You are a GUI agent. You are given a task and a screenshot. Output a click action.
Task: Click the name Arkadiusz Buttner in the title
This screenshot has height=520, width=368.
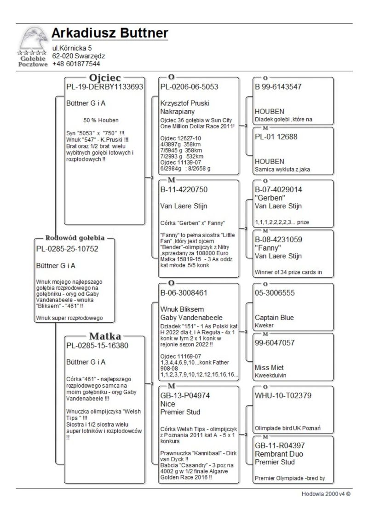109,33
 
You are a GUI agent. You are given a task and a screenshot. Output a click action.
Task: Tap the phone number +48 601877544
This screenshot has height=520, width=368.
76,64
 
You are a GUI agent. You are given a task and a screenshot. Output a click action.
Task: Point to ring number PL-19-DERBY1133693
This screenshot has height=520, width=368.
105,86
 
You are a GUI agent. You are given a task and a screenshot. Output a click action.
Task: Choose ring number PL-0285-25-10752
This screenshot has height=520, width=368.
67,249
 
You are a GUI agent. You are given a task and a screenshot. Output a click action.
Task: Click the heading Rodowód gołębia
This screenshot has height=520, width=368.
75,238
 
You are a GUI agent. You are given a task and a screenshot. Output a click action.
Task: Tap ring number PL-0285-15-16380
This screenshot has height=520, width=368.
97,346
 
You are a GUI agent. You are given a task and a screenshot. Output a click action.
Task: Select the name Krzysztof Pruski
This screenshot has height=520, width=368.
185,103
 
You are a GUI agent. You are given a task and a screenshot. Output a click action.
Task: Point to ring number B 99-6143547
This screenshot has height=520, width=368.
278,86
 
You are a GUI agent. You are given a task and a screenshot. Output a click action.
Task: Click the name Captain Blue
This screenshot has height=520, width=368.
274,318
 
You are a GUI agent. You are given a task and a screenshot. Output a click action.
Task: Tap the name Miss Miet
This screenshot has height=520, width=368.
269,368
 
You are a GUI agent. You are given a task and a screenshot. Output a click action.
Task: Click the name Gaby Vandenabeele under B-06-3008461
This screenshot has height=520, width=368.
191,318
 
